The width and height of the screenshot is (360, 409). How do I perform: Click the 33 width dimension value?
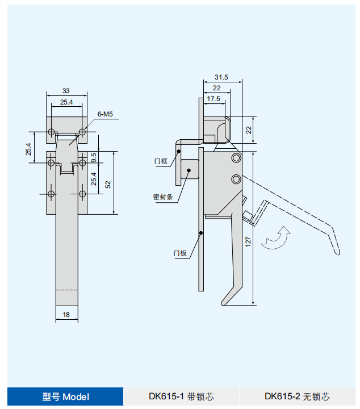tap(66, 91)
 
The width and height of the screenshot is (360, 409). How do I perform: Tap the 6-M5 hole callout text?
tap(105, 114)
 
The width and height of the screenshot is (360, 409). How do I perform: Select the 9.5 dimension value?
tap(94, 157)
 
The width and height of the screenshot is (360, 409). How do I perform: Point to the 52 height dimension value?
tap(108, 185)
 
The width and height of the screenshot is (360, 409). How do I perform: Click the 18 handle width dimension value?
tap(66, 315)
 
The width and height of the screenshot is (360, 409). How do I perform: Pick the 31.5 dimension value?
tap(221, 77)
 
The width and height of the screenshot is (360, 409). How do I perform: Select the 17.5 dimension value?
tap(214, 99)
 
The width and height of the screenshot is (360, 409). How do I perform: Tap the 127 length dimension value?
tap(248, 242)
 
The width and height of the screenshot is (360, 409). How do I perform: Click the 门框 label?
tap(161, 161)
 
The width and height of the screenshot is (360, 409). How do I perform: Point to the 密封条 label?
tap(163, 197)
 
